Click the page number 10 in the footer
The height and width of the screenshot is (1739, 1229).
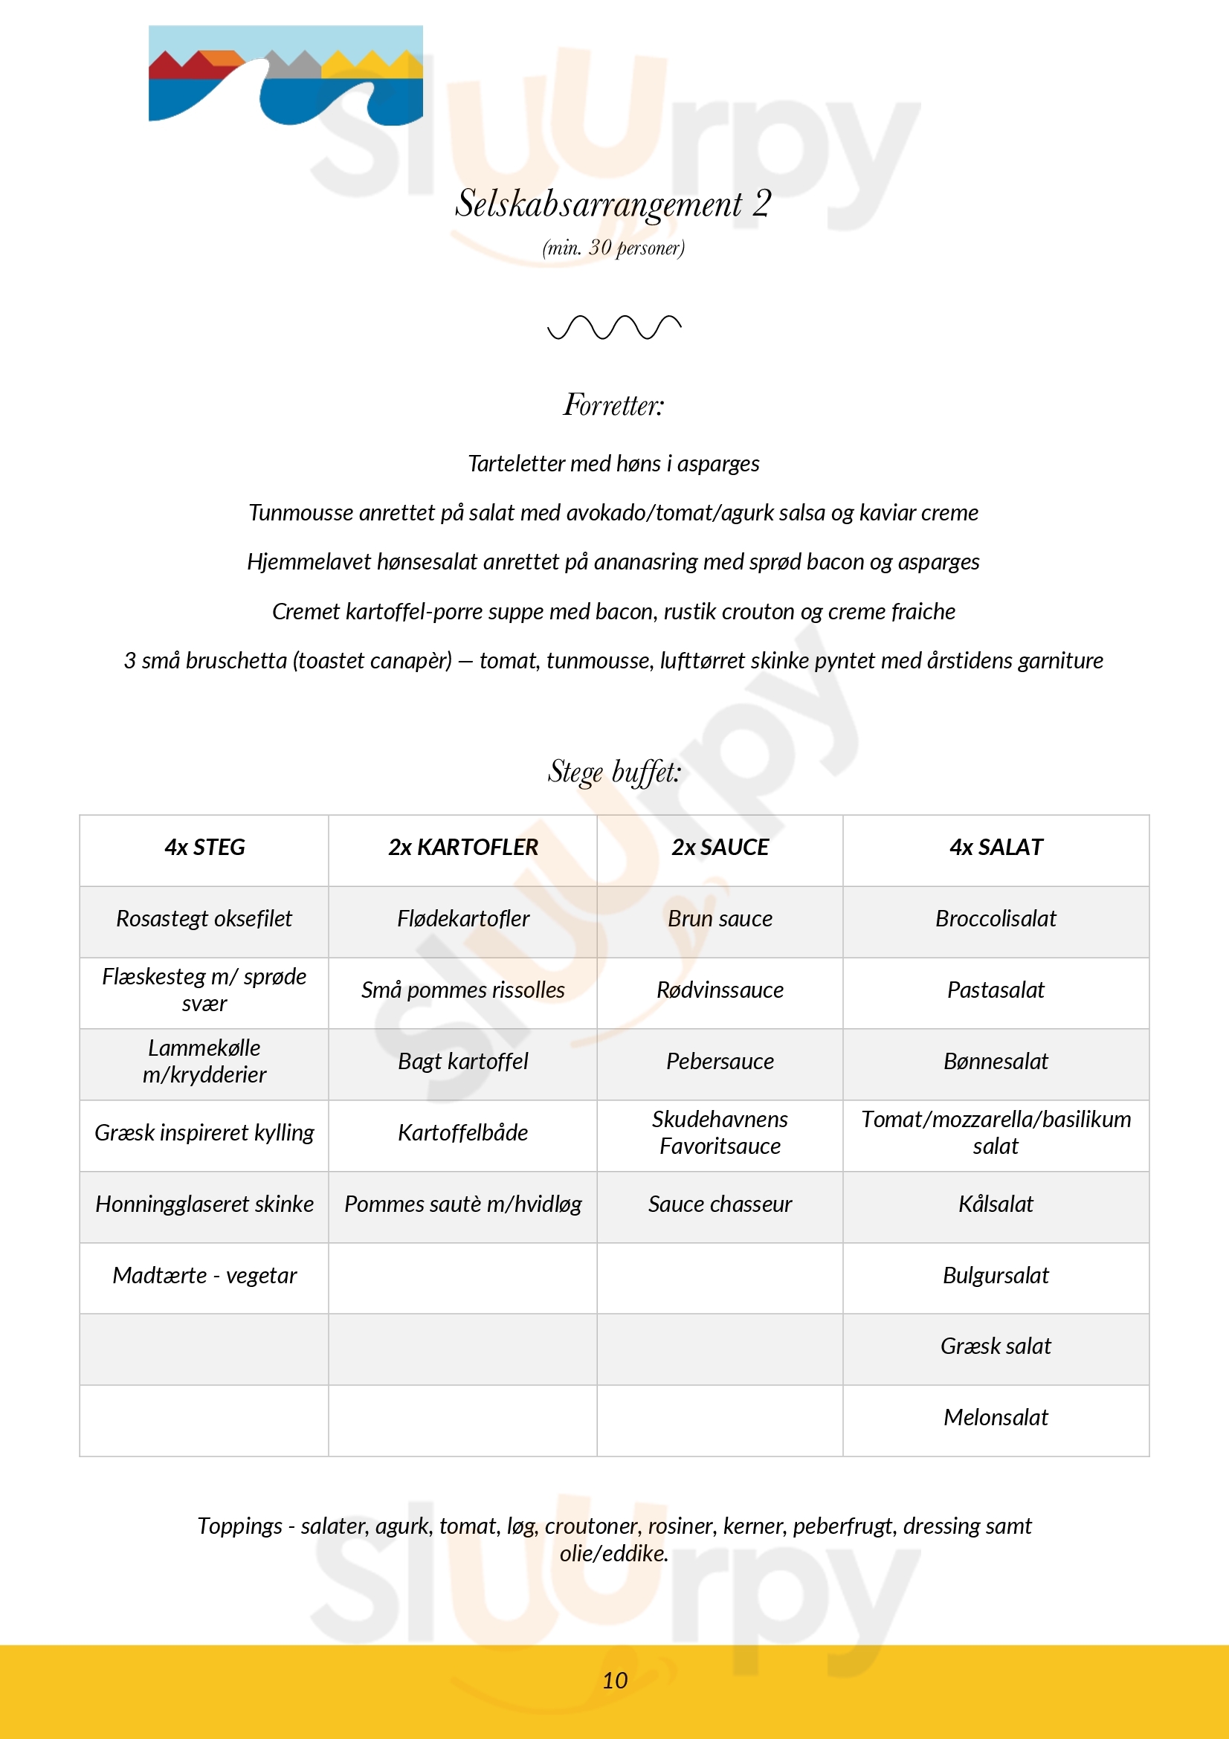point(614,1680)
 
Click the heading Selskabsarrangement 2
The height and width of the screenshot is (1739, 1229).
point(613,204)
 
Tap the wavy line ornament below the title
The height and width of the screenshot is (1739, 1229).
point(614,327)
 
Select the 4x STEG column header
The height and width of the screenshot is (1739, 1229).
point(204,847)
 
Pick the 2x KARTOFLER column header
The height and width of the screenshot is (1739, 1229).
point(462,847)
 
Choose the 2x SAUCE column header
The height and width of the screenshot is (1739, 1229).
point(720,847)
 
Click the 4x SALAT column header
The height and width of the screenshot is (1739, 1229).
point(996,847)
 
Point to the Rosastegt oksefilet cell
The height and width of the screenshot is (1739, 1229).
point(204,918)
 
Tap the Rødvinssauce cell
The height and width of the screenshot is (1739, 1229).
point(720,990)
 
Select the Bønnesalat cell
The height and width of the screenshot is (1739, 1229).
point(996,1061)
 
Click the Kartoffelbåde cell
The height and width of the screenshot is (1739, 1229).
point(462,1132)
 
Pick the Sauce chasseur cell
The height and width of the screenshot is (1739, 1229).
point(720,1204)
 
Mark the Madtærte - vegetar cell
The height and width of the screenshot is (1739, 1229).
point(204,1276)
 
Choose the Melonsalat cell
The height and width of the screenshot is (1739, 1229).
point(996,1417)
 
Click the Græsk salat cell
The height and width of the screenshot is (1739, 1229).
point(996,1346)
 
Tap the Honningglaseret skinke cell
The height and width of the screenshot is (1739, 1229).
point(204,1204)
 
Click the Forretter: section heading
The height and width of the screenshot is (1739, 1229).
point(613,405)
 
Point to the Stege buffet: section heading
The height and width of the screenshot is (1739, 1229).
point(614,772)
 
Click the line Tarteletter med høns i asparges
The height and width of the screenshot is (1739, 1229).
point(613,463)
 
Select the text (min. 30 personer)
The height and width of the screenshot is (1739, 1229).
point(613,248)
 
